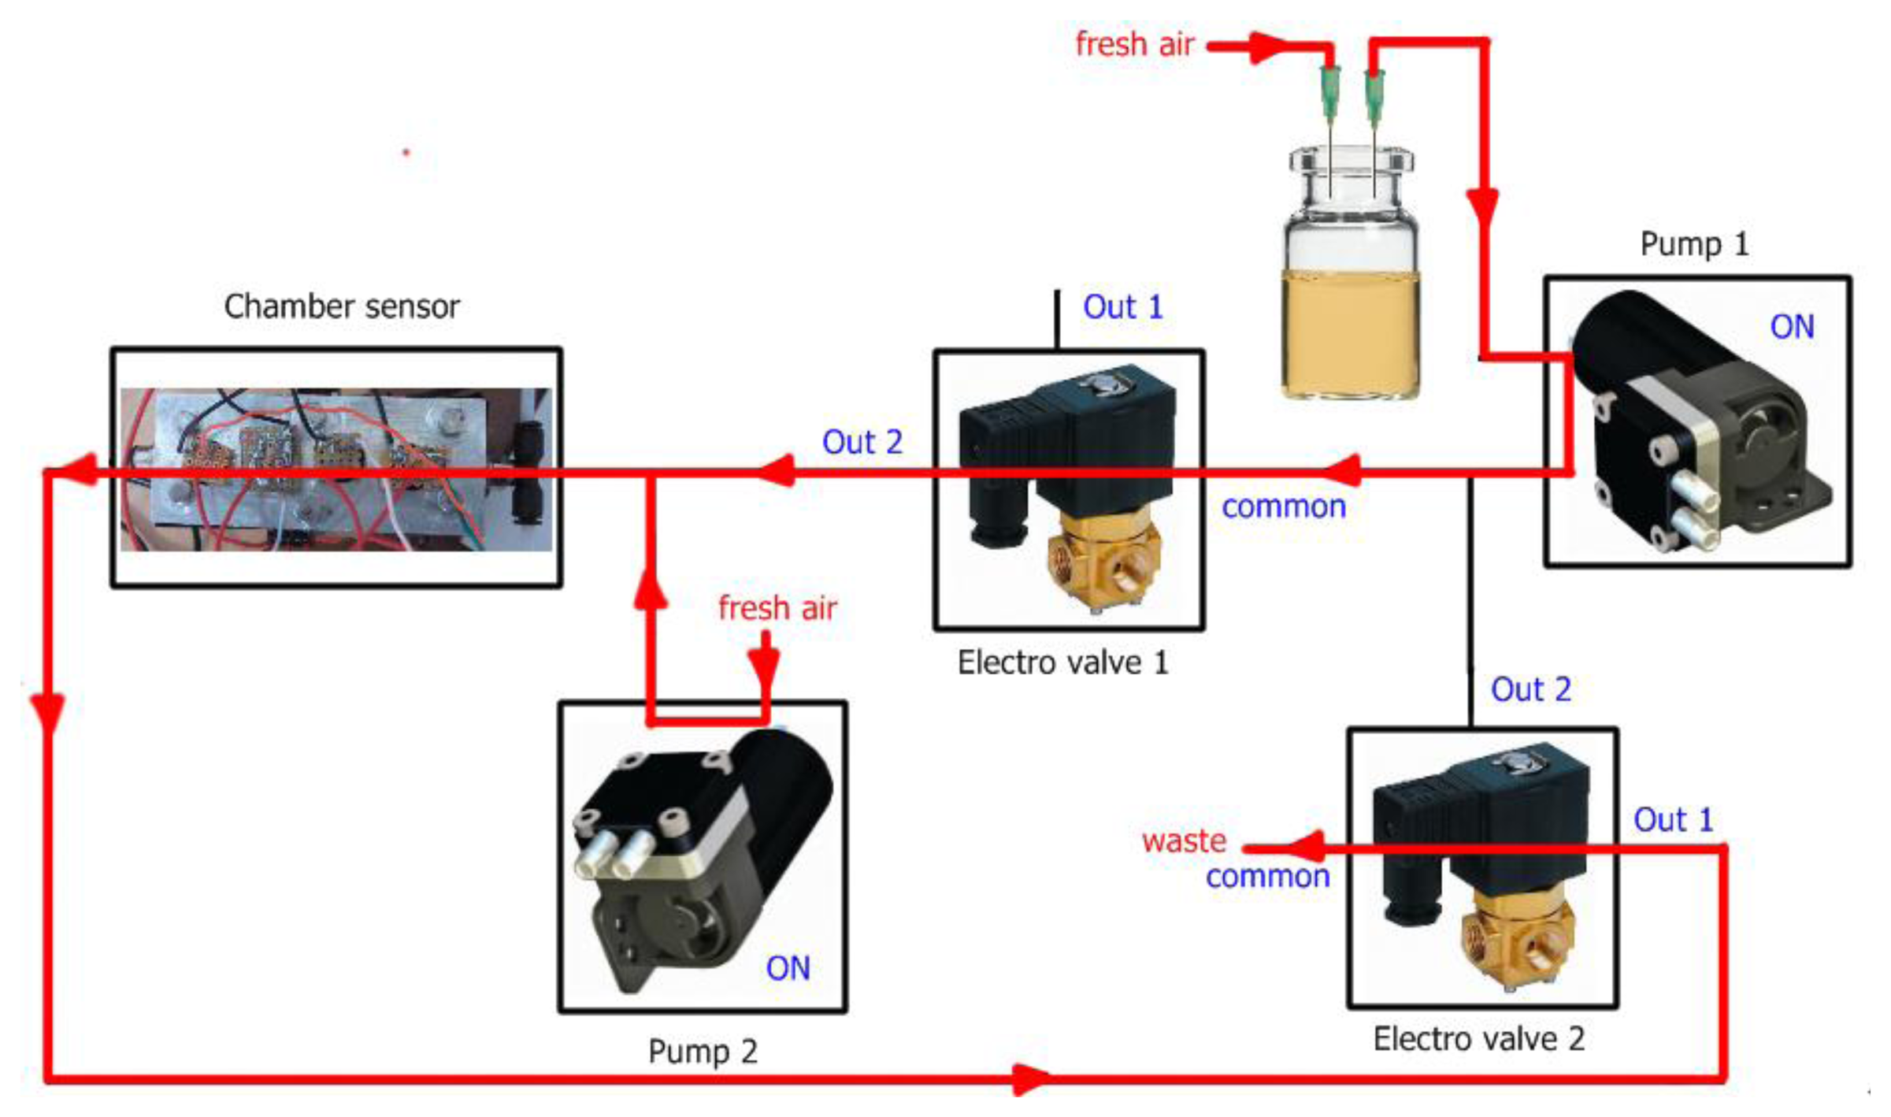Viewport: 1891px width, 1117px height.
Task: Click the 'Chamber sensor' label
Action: pos(341,306)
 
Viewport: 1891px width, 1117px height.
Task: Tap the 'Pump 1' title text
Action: pos(1693,243)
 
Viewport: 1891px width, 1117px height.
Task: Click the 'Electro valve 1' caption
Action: pos(1062,662)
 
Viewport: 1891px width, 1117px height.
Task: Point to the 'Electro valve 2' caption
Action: pos(1478,1039)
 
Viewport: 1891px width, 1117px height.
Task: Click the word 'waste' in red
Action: pos(1184,841)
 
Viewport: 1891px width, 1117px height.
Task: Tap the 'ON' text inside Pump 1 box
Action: pos(1792,327)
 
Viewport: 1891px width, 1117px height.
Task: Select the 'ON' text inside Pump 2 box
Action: pos(788,968)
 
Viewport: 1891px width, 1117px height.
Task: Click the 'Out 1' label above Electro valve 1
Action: pos(1122,306)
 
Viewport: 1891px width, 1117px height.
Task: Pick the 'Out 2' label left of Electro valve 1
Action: pos(862,442)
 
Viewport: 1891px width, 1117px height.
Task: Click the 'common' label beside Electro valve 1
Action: pos(1283,507)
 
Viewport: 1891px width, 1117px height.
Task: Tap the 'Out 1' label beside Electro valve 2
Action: pos(1673,820)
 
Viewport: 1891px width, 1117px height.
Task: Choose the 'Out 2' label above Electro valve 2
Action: pos(1530,689)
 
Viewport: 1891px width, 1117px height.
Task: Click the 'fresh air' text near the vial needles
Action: pos(1134,44)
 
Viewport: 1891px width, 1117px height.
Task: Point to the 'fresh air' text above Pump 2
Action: pos(777,608)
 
